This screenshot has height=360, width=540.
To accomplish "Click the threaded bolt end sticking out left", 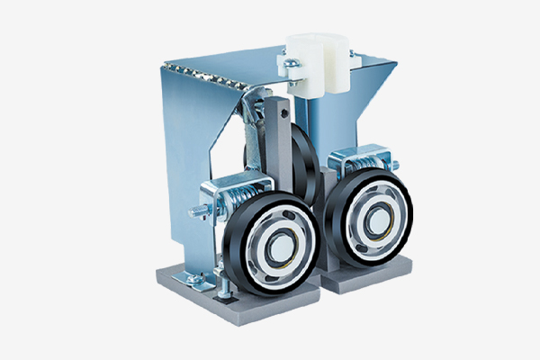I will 195,211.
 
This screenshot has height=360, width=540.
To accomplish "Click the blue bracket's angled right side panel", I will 369,108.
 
